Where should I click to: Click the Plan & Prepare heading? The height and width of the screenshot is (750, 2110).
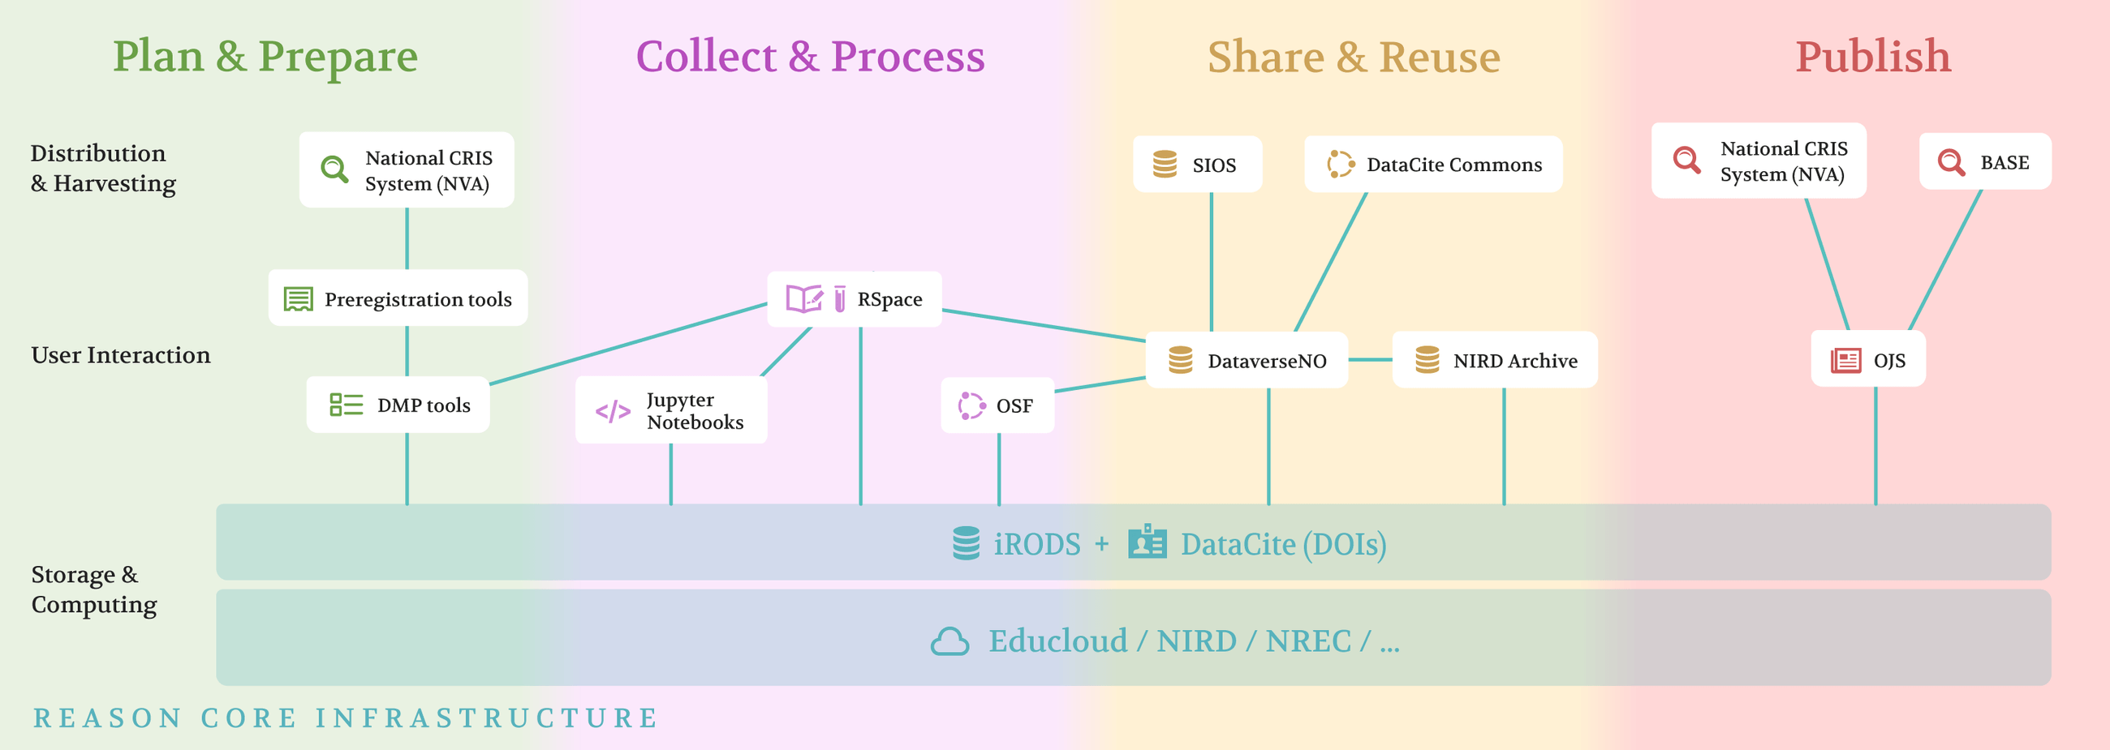pos(265,58)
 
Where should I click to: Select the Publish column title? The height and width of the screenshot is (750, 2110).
pos(1872,58)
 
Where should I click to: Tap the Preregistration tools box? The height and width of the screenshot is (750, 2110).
pos(398,299)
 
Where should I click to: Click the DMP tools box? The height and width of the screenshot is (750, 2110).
pos(398,405)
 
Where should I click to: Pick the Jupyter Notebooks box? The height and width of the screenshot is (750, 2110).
pos(671,410)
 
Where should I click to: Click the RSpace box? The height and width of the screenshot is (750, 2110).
pos(855,300)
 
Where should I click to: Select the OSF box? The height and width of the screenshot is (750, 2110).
pos(997,405)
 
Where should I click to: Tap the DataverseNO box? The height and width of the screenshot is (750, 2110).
pos(1246,361)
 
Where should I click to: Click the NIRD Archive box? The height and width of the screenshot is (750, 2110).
pos(1495,361)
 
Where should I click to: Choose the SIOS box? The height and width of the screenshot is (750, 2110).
pos(1197,165)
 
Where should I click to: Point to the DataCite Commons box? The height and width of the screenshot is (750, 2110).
pos(1432,165)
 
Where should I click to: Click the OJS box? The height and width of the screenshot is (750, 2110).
pos(1867,360)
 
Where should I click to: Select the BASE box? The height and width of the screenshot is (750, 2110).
pos(1985,162)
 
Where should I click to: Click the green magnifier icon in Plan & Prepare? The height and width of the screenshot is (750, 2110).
pos(334,169)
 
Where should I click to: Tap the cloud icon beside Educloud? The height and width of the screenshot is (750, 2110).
pos(949,641)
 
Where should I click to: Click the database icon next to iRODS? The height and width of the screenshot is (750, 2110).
pos(966,544)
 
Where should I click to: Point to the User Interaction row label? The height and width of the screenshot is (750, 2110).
pos(120,355)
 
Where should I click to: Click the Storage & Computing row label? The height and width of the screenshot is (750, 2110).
pos(93,589)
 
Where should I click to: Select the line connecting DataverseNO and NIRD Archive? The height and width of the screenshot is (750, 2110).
pos(1370,359)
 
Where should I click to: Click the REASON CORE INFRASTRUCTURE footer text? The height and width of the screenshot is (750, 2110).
pos(346,718)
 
